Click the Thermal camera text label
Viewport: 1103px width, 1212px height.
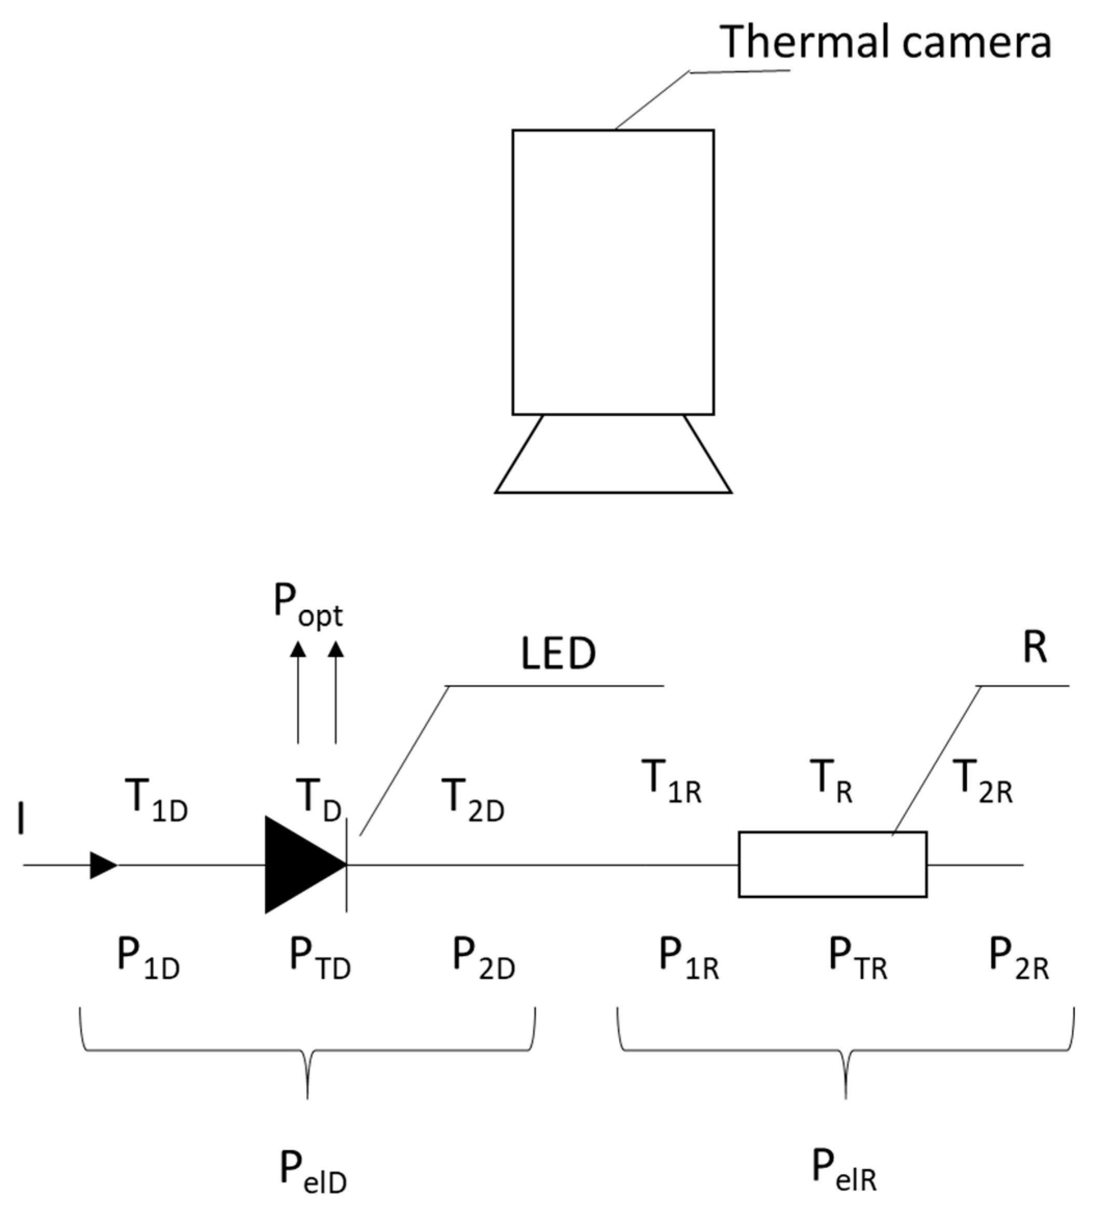(886, 42)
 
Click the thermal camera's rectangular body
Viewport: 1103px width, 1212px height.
(612, 273)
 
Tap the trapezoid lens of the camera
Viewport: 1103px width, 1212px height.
(612, 455)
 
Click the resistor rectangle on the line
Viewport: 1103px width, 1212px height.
(832, 865)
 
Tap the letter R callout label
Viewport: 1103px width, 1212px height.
(1034, 649)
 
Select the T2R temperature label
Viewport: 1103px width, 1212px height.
(983, 782)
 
